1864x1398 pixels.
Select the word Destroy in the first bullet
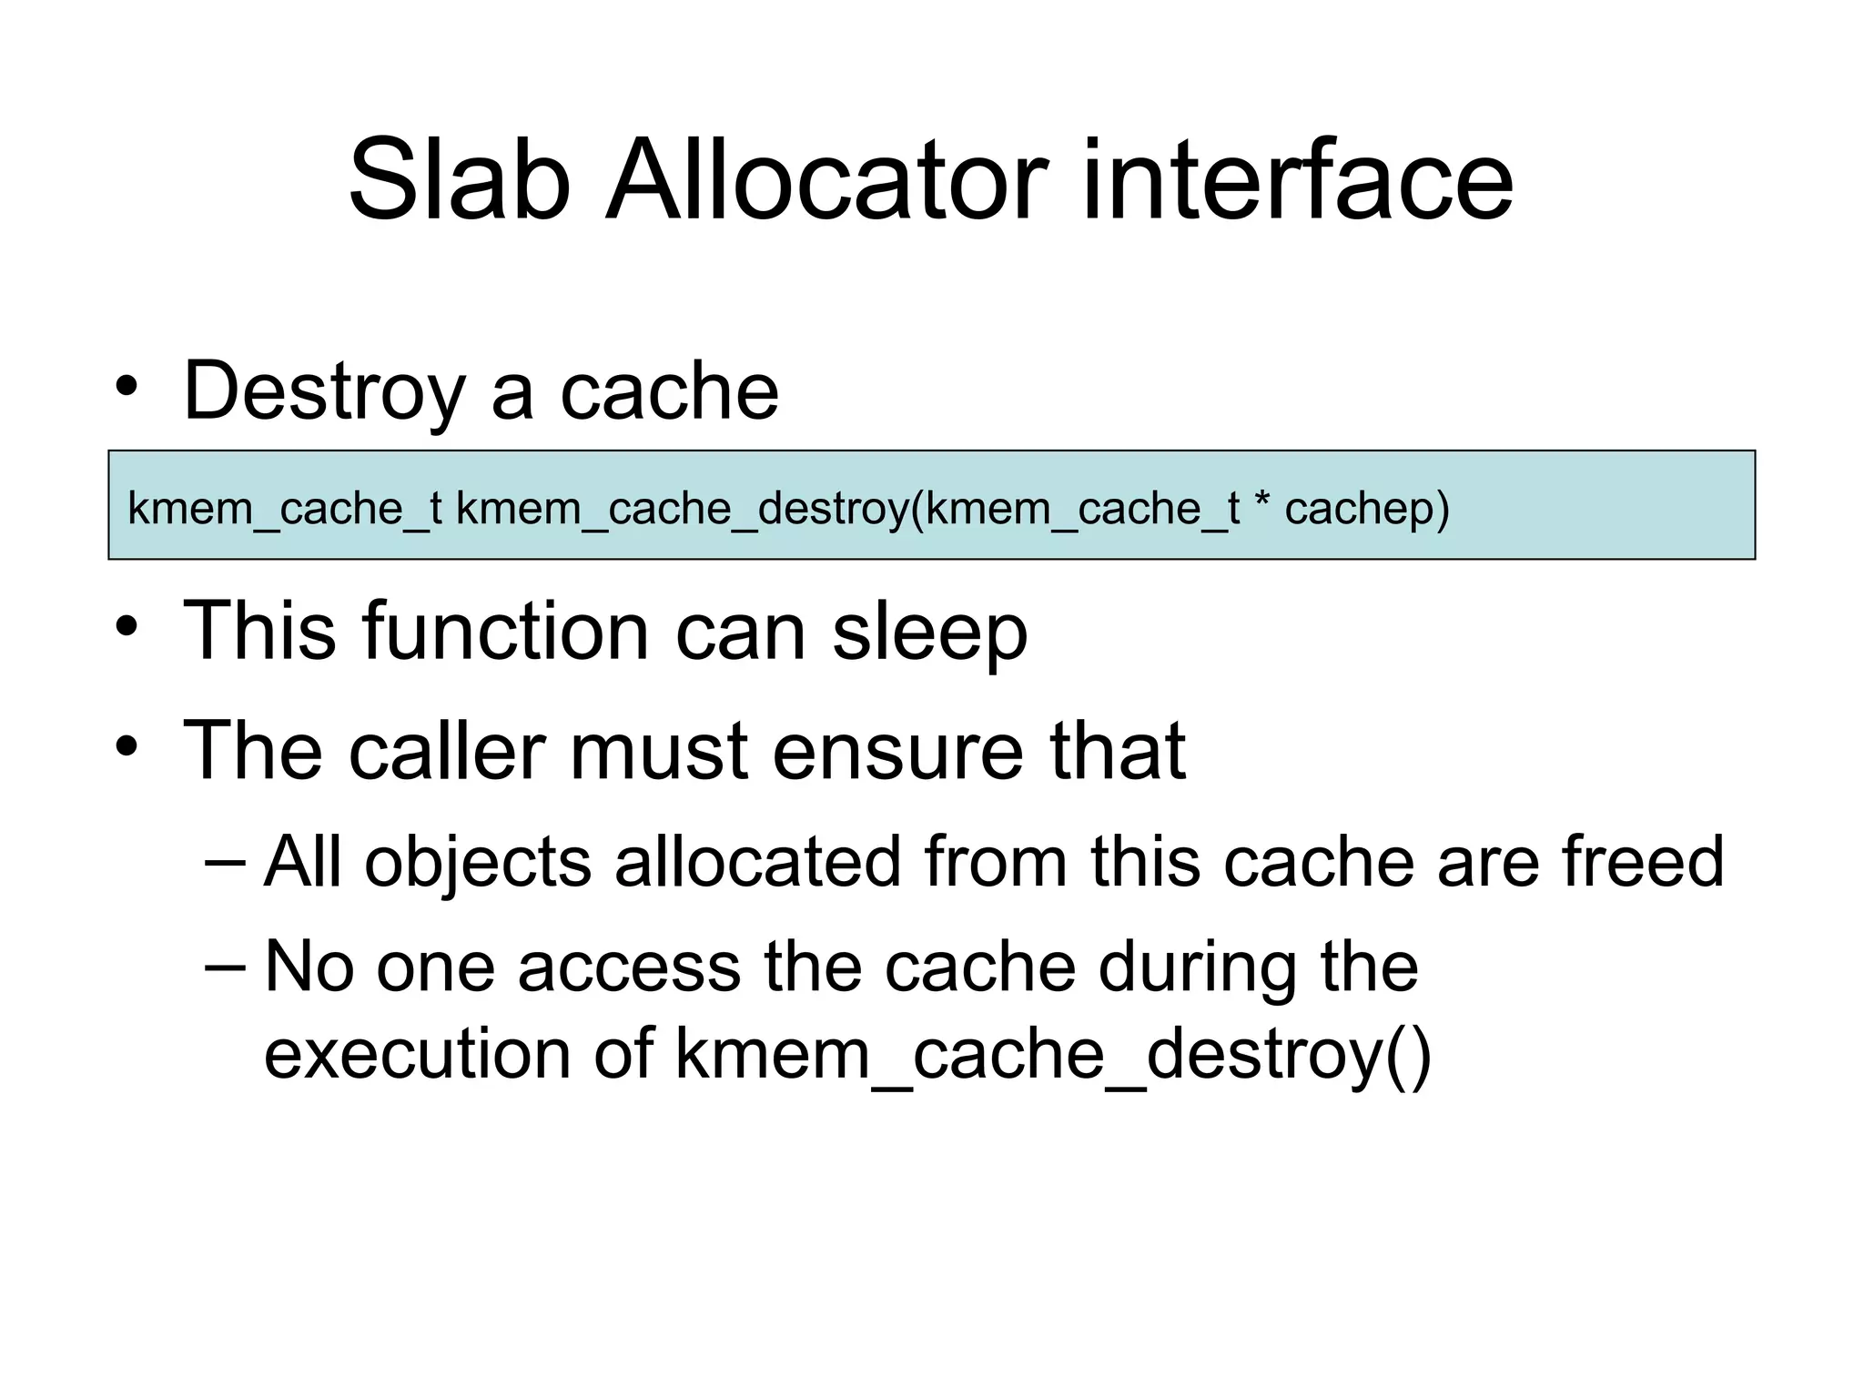pos(324,392)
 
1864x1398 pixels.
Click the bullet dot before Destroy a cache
pos(127,387)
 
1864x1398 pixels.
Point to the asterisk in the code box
pos(1261,504)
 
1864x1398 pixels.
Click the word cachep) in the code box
pos(1366,509)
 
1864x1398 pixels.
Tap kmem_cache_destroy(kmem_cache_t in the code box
pos(847,509)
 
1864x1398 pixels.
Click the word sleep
pos(929,633)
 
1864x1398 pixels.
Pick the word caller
pos(447,751)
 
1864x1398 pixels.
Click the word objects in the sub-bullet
pos(478,862)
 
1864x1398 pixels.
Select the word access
pos(629,967)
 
